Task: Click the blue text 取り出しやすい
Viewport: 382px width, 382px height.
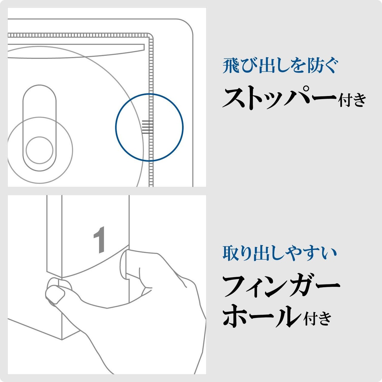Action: [x=280, y=253]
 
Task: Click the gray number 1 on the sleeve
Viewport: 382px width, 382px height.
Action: [x=99, y=240]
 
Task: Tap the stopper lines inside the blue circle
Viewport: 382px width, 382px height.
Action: [x=147, y=127]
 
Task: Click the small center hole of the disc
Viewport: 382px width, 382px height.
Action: [x=39, y=150]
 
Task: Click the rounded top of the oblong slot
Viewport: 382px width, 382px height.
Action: [x=39, y=85]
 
